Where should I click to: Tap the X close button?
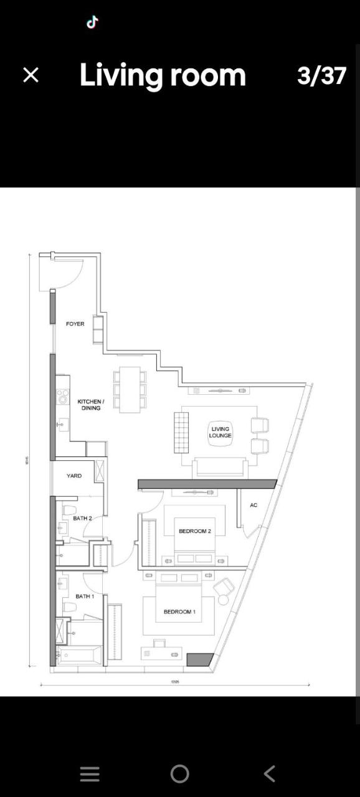[31, 75]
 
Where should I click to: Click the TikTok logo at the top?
[92, 22]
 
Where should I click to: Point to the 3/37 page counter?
[321, 76]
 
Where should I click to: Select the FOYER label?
[75, 324]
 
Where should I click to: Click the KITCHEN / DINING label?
[90, 405]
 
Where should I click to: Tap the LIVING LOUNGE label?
[220, 432]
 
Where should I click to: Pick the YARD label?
[73, 476]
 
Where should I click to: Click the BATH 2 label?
[82, 518]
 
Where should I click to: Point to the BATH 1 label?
[85, 597]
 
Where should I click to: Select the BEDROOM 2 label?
[194, 531]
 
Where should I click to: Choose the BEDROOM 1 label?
[179, 611]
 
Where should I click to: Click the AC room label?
[253, 505]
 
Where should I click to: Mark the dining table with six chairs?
[130, 389]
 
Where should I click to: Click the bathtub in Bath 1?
[78, 655]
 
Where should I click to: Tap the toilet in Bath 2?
[69, 511]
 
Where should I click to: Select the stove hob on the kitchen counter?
[62, 396]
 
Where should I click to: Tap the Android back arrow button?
[269, 773]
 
